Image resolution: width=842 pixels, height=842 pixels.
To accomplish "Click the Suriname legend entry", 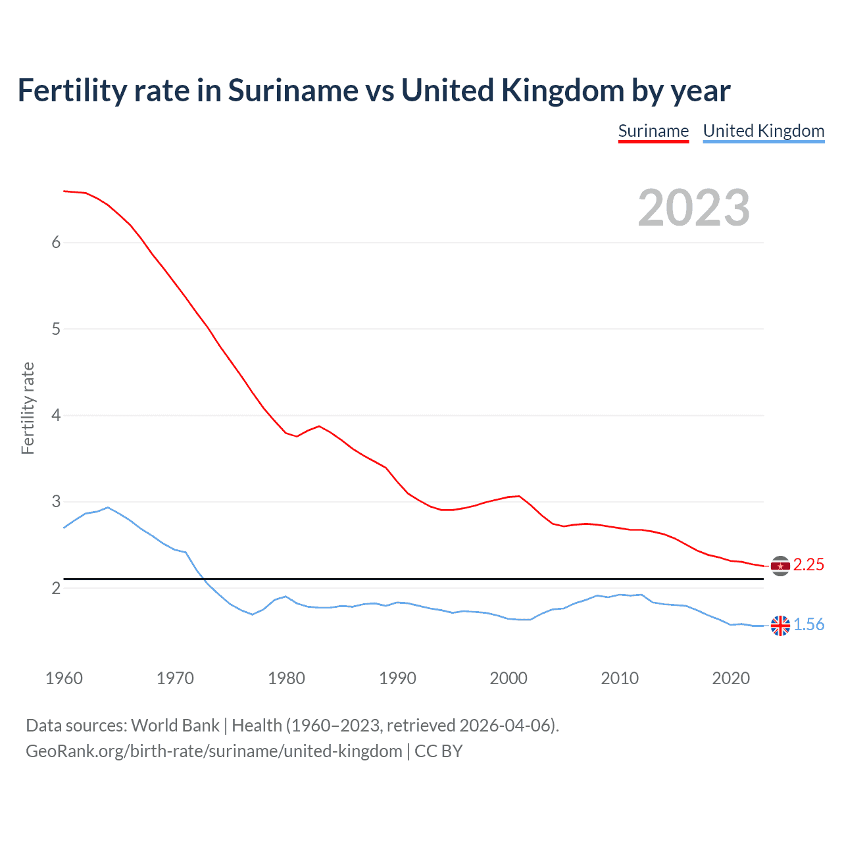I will coord(653,131).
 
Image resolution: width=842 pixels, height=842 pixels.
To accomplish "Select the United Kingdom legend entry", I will coord(763,131).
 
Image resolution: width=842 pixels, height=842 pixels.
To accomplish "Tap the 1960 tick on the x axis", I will coord(64,678).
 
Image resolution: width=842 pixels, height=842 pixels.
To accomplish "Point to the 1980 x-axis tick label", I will coord(286,678).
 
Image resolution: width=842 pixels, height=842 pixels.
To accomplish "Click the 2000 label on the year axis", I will coord(508,678).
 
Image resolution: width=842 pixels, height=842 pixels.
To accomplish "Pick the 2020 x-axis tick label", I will coord(731,678).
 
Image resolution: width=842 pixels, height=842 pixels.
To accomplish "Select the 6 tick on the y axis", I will coord(56,242).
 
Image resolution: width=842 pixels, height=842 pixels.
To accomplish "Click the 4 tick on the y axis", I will coord(56,415).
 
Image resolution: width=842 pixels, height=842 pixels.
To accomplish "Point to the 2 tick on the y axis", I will coord(56,588).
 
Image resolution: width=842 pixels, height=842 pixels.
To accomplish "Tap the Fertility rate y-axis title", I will coord(28,408).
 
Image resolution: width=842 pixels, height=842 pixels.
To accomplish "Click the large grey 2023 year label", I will coord(694,208).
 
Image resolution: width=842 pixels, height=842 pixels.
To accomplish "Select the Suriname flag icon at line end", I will coord(780,566).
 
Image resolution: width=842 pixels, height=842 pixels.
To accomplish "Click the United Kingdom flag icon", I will coord(780,626).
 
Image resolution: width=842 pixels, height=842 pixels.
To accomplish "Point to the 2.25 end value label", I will coord(808,565).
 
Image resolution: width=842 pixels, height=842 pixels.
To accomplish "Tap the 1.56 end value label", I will coord(808,625).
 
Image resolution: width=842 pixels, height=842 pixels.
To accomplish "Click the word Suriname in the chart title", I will coord(293,91).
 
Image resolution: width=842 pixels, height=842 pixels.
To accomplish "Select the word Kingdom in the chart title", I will coord(562,91).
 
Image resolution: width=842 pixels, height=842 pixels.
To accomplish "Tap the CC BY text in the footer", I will coord(439,751).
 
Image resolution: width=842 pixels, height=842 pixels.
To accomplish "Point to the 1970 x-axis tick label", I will coord(175,678).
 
